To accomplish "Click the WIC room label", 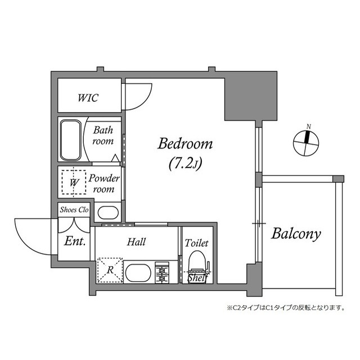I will pos(88,98).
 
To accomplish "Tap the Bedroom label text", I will pos(185,144).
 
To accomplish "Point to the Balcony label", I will pos(296,233).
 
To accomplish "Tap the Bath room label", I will pos(103,135).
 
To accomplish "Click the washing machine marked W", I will pos(73,182).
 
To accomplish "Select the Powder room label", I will pos(105,184).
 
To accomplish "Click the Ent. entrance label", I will pos(75,242).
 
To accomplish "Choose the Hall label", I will pos(136,242).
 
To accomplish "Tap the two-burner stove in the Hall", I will pos(163,273).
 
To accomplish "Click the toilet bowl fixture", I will pos(196,262).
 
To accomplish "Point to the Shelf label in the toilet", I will pos(197,277).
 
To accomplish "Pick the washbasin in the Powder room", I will pos(107,213).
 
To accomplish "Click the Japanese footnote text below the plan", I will pos(285,308).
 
